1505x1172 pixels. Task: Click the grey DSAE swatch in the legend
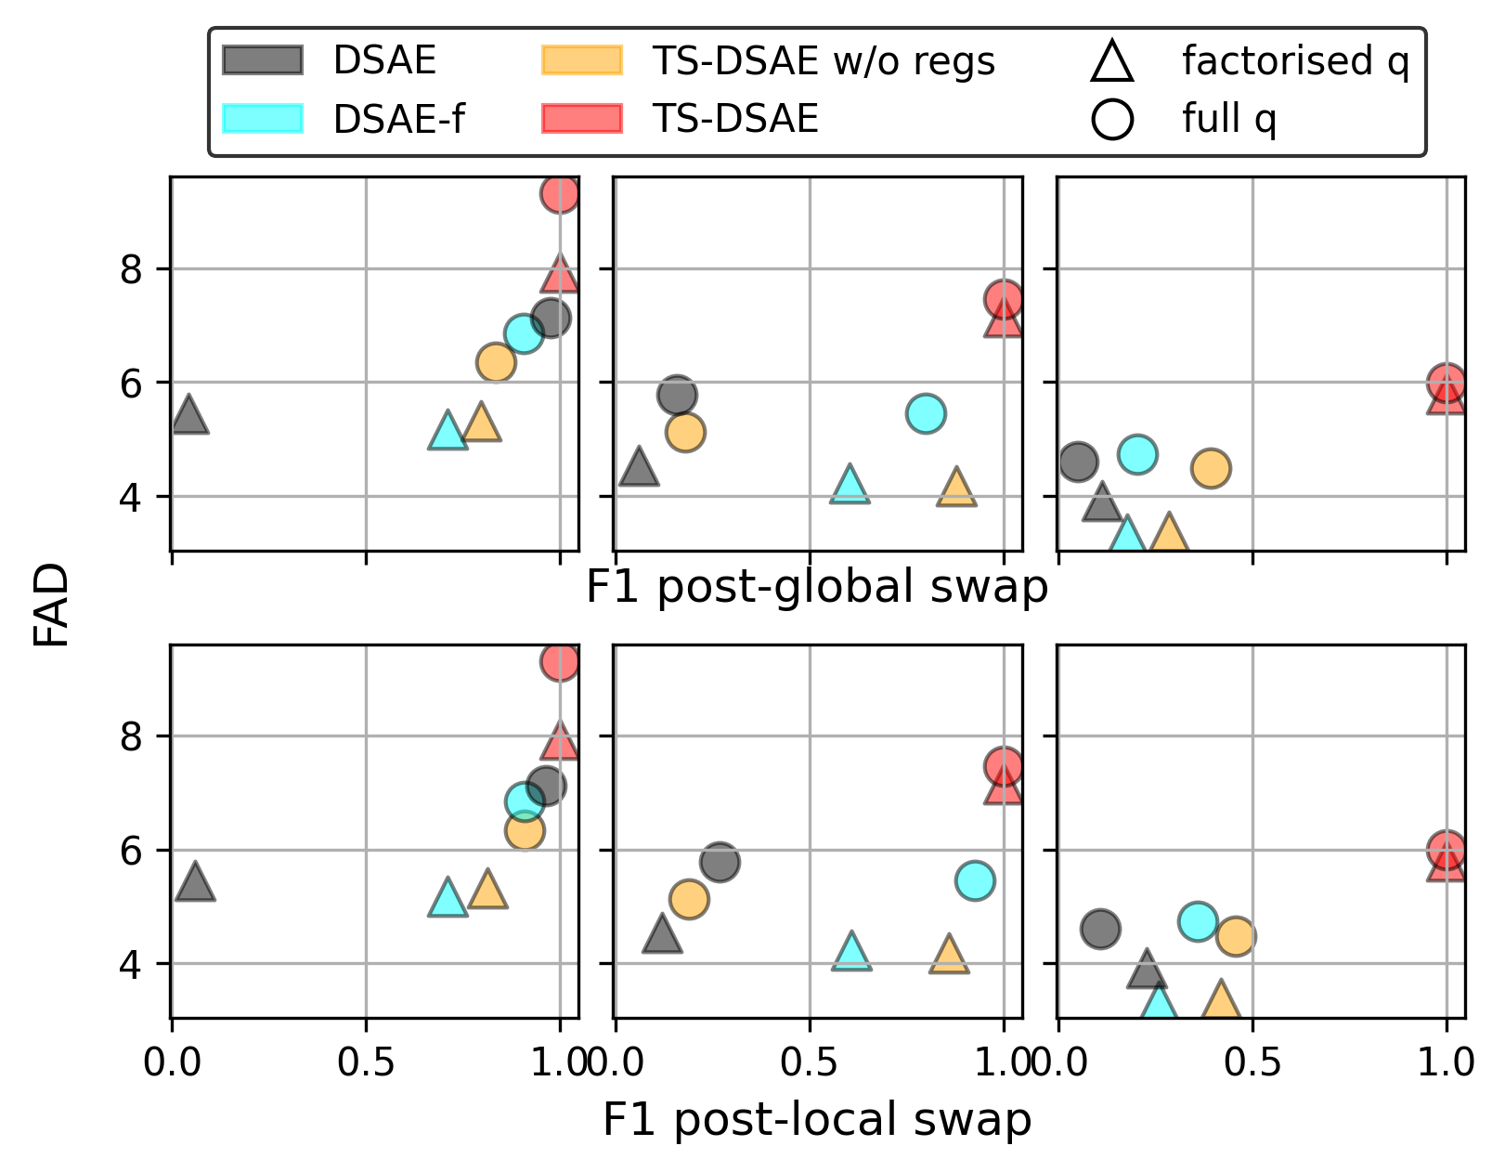[x=263, y=60]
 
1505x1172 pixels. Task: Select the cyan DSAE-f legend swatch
[x=263, y=119]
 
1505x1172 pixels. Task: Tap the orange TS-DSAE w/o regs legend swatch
[x=582, y=60]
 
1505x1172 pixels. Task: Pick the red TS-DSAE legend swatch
[x=582, y=119]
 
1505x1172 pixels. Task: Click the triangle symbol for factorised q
[x=1112, y=62]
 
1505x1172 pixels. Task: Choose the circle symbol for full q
[x=1112, y=120]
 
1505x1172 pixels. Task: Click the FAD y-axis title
[x=52, y=605]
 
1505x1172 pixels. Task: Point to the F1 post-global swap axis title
[x=816, y=587]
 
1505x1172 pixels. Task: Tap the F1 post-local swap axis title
[x=816, y=1119]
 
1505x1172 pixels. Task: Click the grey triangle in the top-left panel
[x=189, y=416]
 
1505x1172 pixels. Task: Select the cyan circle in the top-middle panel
[x=926, y=413]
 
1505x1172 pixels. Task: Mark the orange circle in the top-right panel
[x=1211, y=468]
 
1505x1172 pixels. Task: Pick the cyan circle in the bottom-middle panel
[x=975, y=880]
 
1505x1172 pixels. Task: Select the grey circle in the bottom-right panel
[x=1100, y=929]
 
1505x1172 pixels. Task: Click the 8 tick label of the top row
[x=132, y=270]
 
